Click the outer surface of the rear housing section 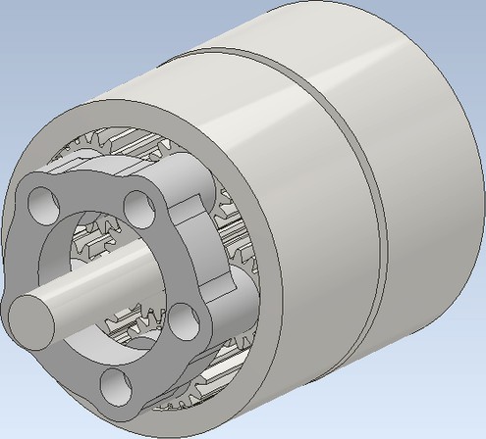pos(422,176)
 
